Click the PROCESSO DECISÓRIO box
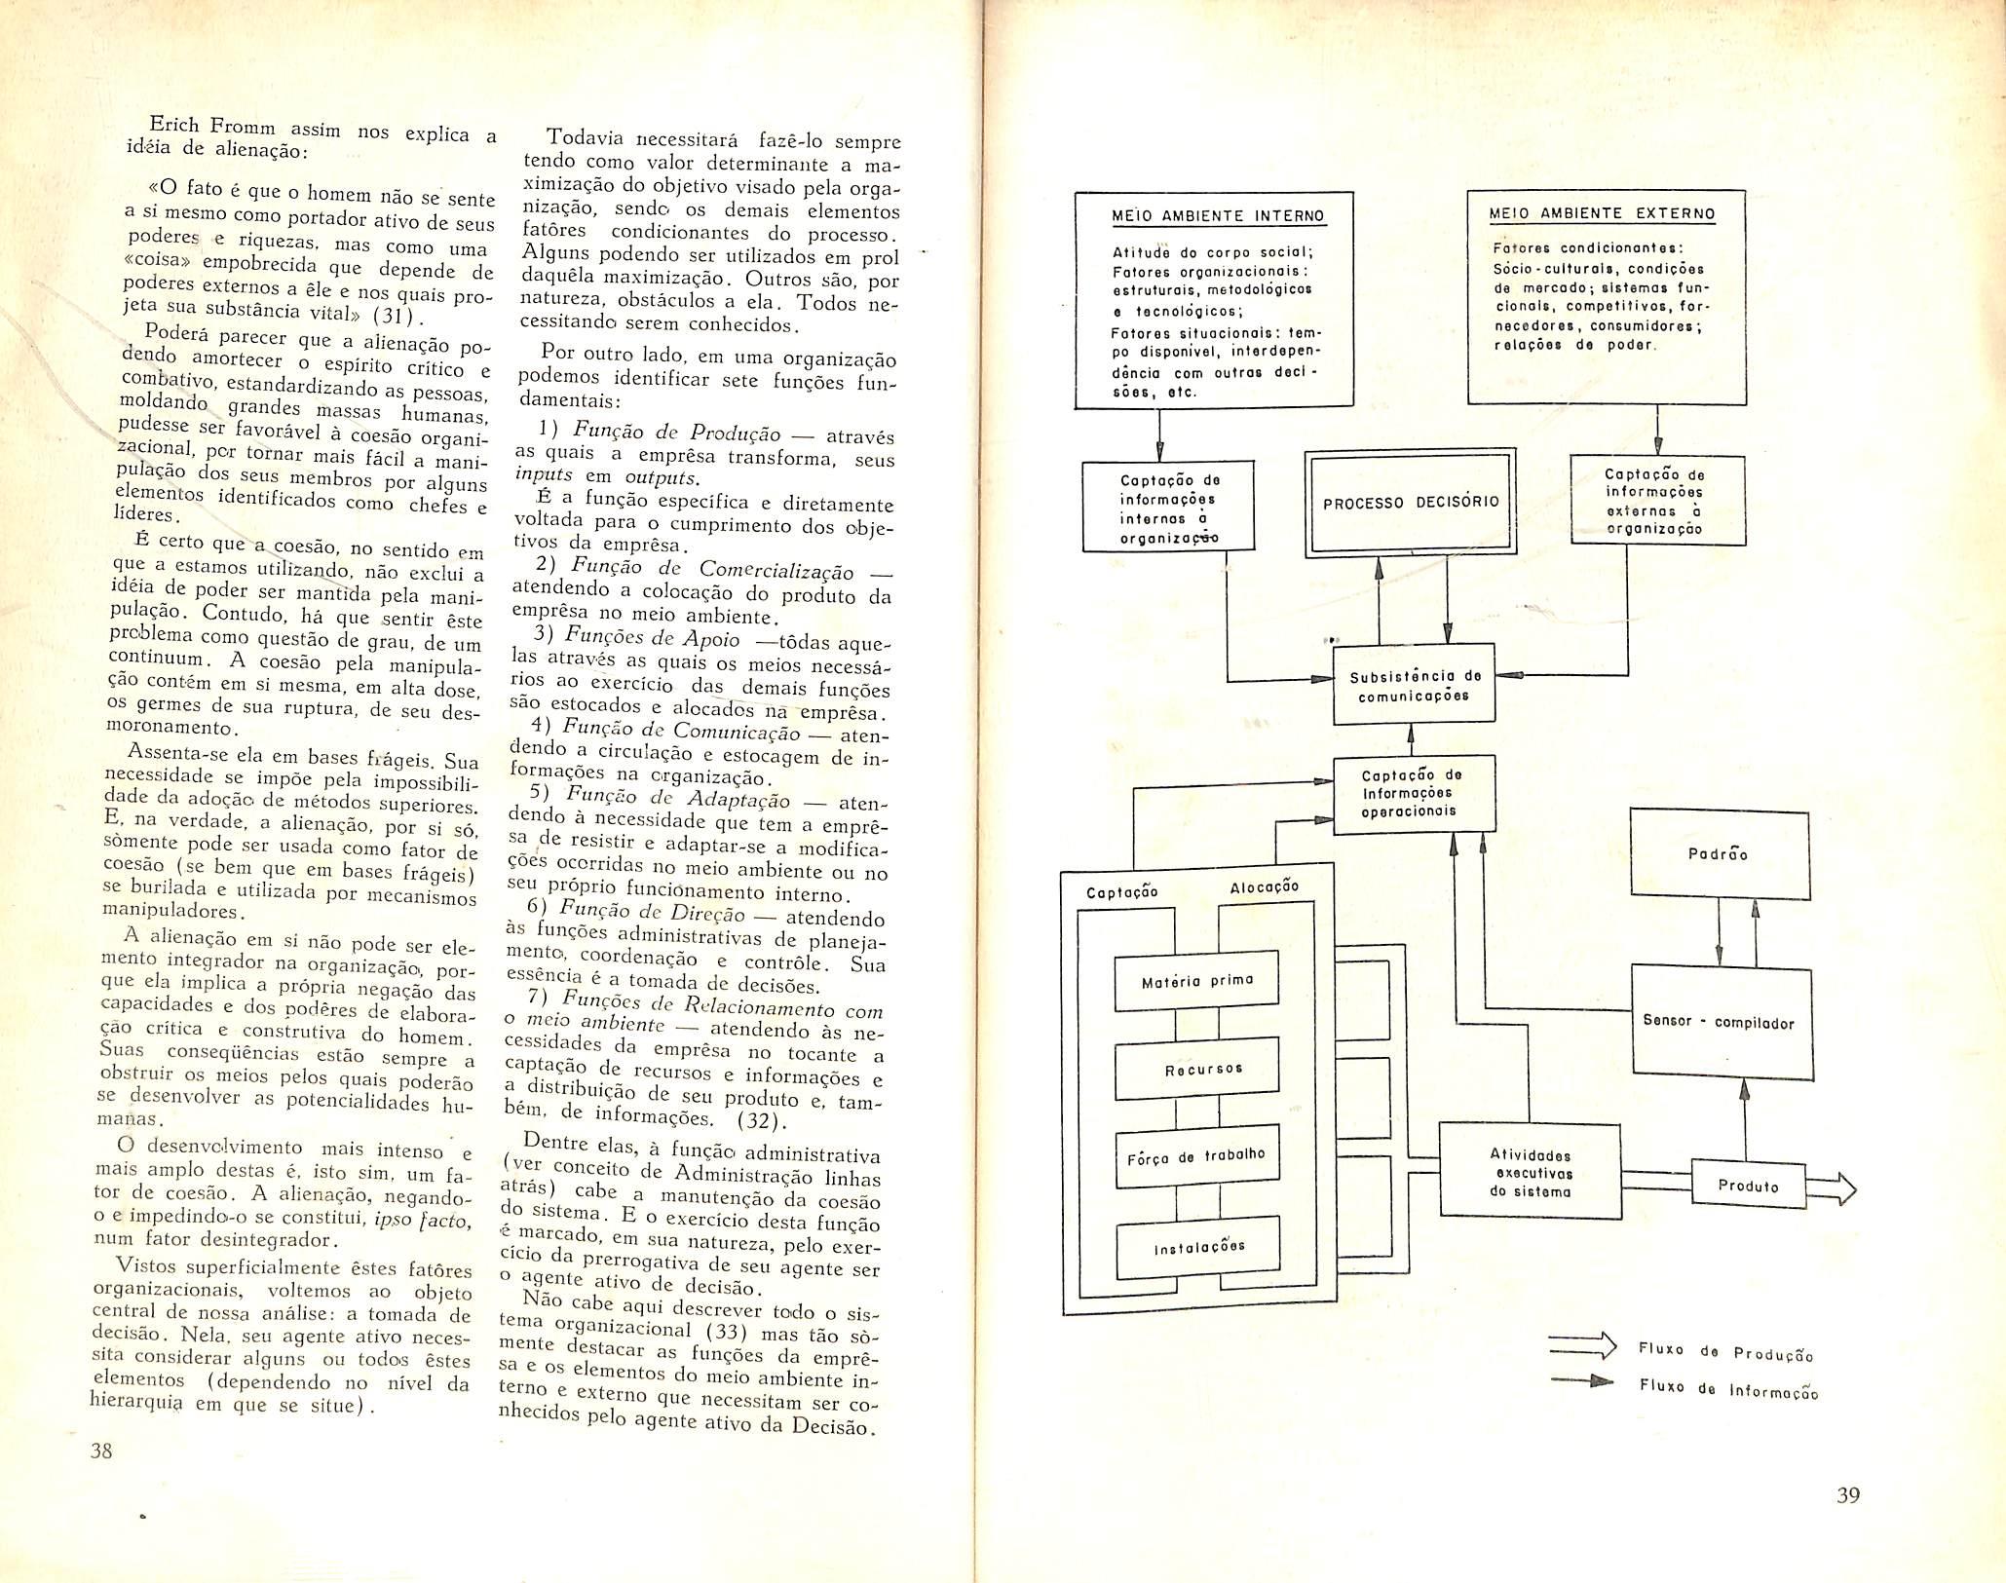pyautogui.click(x=1410, y=503)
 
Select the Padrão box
pyautogui.click(x=1721, y=854)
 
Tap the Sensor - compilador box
pyautogui.click(x=1719, y=1022)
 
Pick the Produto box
pyautogui.click(x=1748, y=1186)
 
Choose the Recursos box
pyautogui.click(x=1195, y=1070)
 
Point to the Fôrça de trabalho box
pyautogui.click(x=1195, y=1155)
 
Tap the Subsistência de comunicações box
pyautogui.click(x=1414, y=685)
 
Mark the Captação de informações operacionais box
pyautogui.click(x=1412, y=793)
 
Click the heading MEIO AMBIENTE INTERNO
pyautogui.click(x=1218, y=215)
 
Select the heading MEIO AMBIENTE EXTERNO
pyautogui.click(x=1603, y=213)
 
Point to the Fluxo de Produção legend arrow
pyautogui.click(x=1581, y=1348)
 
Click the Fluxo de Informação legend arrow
pyautogui.click(x=1580, y=1381)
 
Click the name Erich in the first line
pyautogui.click(x=174, y=126)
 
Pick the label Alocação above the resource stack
pyautogui.click(x=1264, y=886)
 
